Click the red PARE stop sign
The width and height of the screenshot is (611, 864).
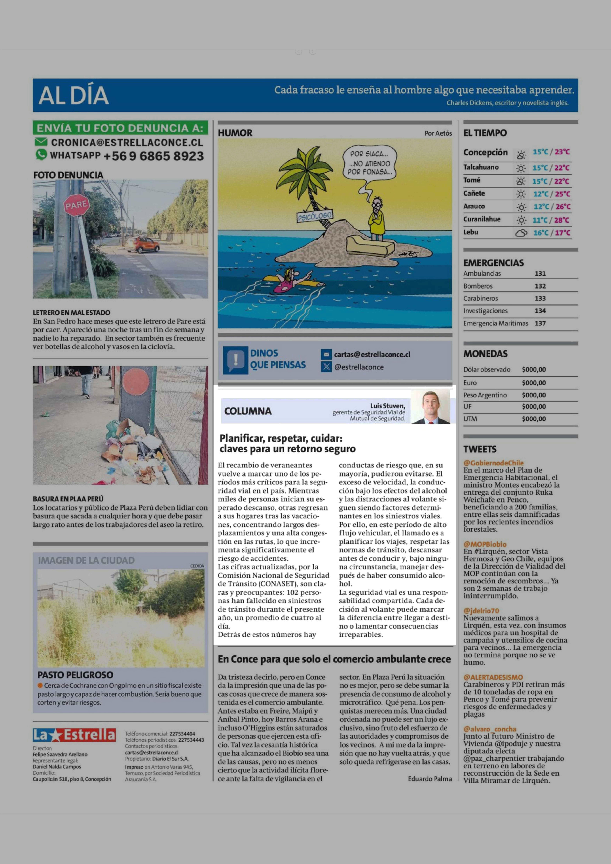click(77, 205)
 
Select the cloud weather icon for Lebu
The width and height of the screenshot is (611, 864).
click(521, 233)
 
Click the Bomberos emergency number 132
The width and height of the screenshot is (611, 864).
click(540, 286)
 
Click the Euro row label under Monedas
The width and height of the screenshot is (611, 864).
click(470, 383)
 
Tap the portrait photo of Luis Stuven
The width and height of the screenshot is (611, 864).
click(430, 407)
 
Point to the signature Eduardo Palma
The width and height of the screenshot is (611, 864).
click(430, 779)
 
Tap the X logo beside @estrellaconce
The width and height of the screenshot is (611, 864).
click(326, 367)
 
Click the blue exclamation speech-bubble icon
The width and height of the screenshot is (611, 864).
click(236, 360)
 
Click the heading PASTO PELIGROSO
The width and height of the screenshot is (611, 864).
click(75, 675)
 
